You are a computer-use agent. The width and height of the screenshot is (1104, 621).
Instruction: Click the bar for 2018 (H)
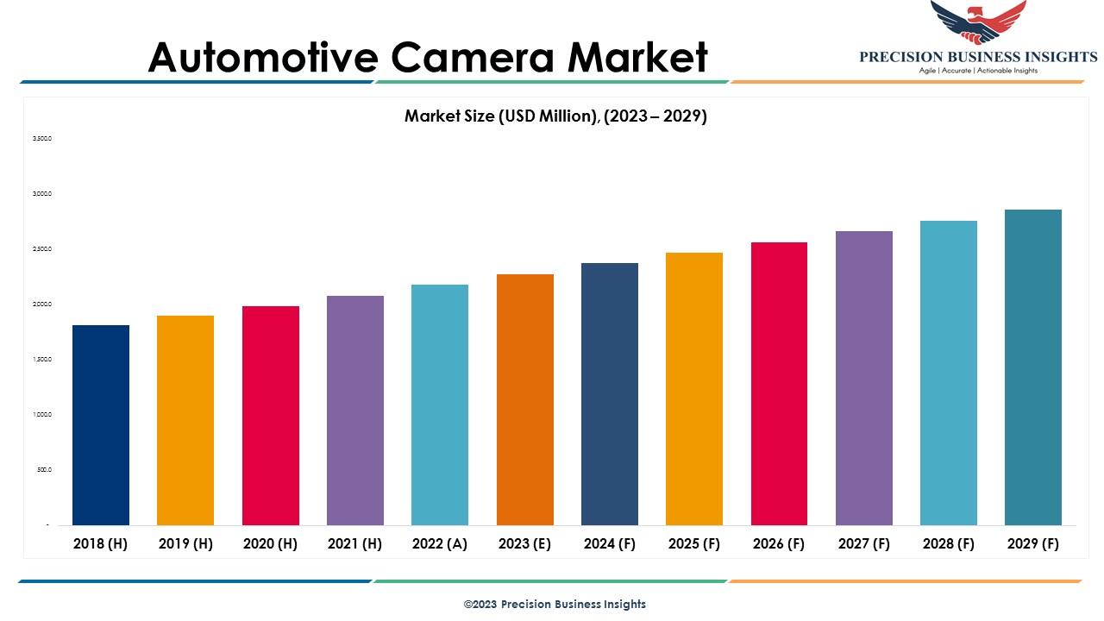pyautogui.click(x=101, y=424)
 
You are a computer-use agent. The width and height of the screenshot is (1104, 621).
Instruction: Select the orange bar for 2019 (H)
pyautogui.click(x=185, y=420)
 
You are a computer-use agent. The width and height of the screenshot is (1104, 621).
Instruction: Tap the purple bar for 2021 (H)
pyautogui.click(x=355, y=410)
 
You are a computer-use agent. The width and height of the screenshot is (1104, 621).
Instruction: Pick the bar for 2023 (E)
pyautogui.click(x=525, y=399)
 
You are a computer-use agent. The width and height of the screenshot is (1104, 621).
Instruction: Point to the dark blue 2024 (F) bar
pyautogui.click(x=610, y=393)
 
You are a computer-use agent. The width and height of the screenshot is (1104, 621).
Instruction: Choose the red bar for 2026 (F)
pyautogui.click(x=779, y=383)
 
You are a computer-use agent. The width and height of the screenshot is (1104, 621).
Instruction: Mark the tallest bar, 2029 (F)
pyautogui.click(x=1033, y=367)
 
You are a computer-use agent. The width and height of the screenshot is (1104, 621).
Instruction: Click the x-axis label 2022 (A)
pyautogui.click(x=440, y=544)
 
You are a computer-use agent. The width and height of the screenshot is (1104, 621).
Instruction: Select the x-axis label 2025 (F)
pyautogui.click(x=694, y=544)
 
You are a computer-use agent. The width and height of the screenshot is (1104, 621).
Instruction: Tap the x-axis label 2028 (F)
pyautogui.click(x=949, y=544)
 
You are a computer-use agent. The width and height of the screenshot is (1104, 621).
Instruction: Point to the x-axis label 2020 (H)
pyautogui.click(x=270, y=544)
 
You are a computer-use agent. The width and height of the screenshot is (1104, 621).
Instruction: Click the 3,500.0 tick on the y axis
pyautogui.click(x=42, y=138)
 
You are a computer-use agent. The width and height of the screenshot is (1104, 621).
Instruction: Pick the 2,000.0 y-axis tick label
pyautogui.click(x=42, y=304)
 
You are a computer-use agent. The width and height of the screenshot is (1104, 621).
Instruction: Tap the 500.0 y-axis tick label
pyautogui.click(x=44, y=469)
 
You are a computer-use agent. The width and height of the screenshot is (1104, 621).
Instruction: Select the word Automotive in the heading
pyautogui.click(x=263, y=57)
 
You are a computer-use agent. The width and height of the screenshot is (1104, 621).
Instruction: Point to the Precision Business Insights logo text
pyautogui.click(x=978, y=57)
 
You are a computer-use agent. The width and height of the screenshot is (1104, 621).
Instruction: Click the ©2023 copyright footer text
pyautogui.click(x=555, y=604)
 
